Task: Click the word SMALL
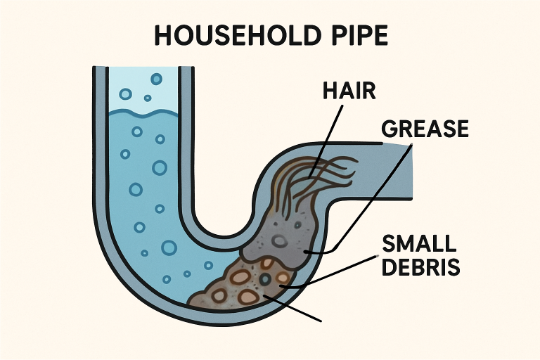coord(418,246)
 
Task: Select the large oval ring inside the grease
coord(281,241)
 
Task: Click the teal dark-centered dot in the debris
coord(265,280)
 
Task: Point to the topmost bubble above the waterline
coord(156,79)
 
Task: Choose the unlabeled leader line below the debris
coord(295,308)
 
